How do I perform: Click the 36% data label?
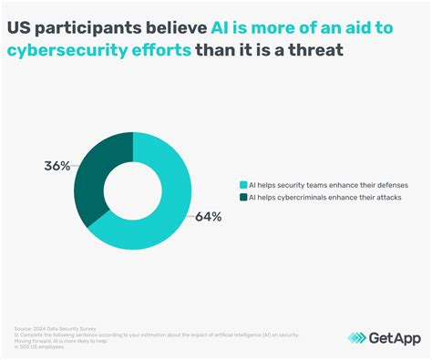(56, 166)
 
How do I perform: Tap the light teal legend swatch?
(242, 184)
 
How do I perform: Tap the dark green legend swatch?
(242, 197)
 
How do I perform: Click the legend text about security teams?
(328, 184)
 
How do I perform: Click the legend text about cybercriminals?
(326, 197)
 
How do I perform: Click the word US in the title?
(20, 28)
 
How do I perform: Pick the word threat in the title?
(319, 49)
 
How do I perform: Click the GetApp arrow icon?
(333, 336)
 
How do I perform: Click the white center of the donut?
(133, 190)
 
